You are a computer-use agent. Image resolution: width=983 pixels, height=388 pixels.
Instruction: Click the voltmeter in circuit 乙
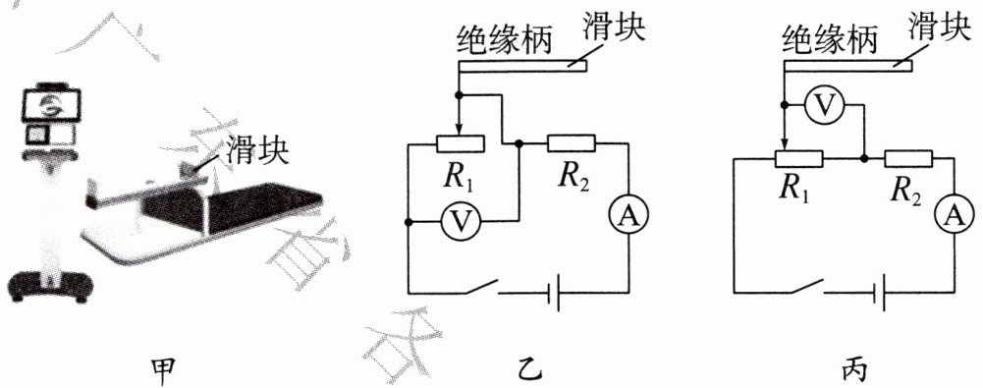(x=461, y=222)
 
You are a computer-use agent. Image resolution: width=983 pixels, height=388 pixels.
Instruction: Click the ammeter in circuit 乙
(x=628, y=216)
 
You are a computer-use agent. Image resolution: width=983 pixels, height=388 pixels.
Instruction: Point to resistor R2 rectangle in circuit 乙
(x=571, y=143)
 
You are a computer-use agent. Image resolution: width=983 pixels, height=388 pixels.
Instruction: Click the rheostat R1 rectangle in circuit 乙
(x=461, y=143)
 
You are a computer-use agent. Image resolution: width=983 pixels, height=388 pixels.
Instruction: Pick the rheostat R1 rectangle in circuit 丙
(x=798, y=159)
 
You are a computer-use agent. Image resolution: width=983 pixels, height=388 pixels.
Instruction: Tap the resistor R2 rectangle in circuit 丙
(x=908, y=159)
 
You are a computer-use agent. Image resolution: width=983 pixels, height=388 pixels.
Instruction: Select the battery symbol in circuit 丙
(x=879, y=293)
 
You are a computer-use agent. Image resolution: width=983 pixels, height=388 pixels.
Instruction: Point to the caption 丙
(x=853, y=369)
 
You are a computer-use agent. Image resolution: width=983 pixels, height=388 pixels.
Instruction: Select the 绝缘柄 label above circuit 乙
(x=505, y=40)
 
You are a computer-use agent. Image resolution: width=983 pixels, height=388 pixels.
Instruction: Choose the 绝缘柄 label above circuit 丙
(x=830, y=40)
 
